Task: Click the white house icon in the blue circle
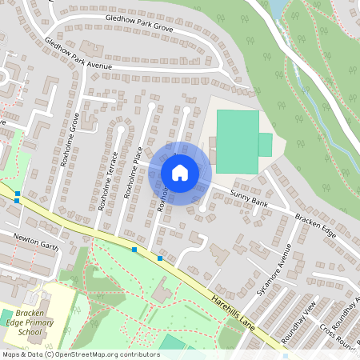pyautogui.click(x=180, y=172)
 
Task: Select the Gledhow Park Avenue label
pyautogui.click(x=78, y=54)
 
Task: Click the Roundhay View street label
pyautogui.click(x=306, y=318)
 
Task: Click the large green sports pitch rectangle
pyautogui.click(x=238, y=142)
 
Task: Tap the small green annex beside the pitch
pyautogui.click(x=265, y=145)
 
